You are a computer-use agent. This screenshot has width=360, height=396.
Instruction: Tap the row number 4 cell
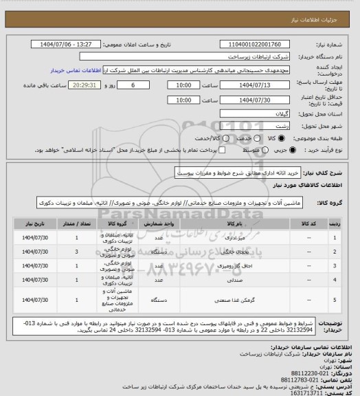click(334, 280)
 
